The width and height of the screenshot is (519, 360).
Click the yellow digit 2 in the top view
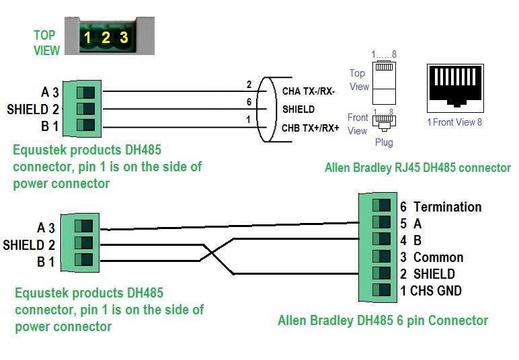tap(106, 38)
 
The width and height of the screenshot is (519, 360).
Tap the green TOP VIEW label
tap(47, 42)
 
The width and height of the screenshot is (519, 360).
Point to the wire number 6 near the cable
tap(248, 102)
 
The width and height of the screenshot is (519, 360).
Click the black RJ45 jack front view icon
tap(455, 88)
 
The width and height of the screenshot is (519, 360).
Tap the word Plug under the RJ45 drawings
tap(384, 142)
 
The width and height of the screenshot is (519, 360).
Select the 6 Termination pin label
tap(440, 207)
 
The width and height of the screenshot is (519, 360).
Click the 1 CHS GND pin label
tap(431, 291)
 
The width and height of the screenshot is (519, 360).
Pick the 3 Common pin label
tap(432, 257)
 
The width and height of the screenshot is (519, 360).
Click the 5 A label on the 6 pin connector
tap(410, 224)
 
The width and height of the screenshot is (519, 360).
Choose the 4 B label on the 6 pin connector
tap(410, 240)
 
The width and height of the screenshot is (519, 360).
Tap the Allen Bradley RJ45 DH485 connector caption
tap(417, 168)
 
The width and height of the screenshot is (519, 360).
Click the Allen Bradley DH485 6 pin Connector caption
tap(383, 320)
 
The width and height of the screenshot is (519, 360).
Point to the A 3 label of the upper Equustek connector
tap(50, 92)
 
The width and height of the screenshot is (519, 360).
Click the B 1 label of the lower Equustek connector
tap(46, 261)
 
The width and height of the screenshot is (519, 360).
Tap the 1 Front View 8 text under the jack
tap(455, 122)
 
